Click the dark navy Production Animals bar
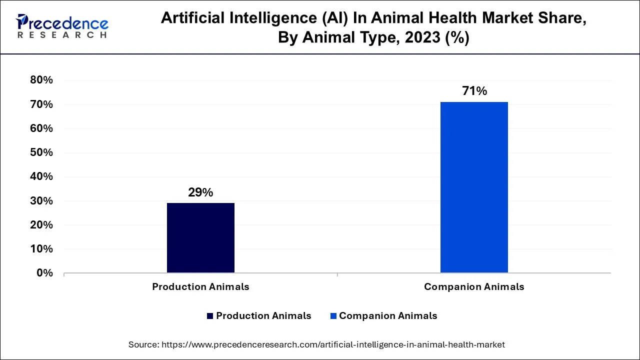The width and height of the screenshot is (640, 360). point(200,237)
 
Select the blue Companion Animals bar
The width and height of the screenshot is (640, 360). point(474,187)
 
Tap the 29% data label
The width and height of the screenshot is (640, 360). point(200,192)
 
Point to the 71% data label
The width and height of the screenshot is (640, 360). point(474,91)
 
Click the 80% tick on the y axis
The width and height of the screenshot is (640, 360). point(41,80)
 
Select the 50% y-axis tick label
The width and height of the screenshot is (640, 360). point(41,152)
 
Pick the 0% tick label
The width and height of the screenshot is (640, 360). point(44,273)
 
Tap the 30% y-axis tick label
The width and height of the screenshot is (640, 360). point(41,201)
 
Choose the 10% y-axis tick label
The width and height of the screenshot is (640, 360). point(41,249)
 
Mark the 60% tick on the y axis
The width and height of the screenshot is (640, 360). point(41,128)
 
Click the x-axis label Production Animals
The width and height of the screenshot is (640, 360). point(200,287)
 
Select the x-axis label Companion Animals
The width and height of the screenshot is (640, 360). point(474,287)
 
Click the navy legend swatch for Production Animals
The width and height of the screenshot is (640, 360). point(210,316)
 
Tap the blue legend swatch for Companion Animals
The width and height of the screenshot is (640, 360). point(333,316)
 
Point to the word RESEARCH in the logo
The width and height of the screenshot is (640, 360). point(62,35)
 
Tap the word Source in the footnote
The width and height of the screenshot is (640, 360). point(142,344)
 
